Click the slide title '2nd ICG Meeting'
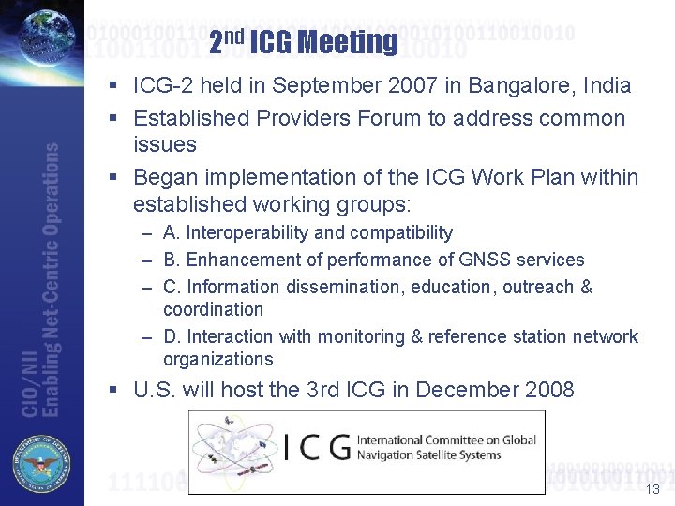pos(303,41)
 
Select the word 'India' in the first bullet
pos(607,86)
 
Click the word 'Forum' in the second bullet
pos(380,118)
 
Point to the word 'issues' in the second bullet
pos(165,144)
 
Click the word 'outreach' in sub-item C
pos(537,287)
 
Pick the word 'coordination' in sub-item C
pos(213,309)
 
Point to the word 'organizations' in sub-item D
pos(217,359)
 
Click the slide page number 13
pos(652,489)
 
